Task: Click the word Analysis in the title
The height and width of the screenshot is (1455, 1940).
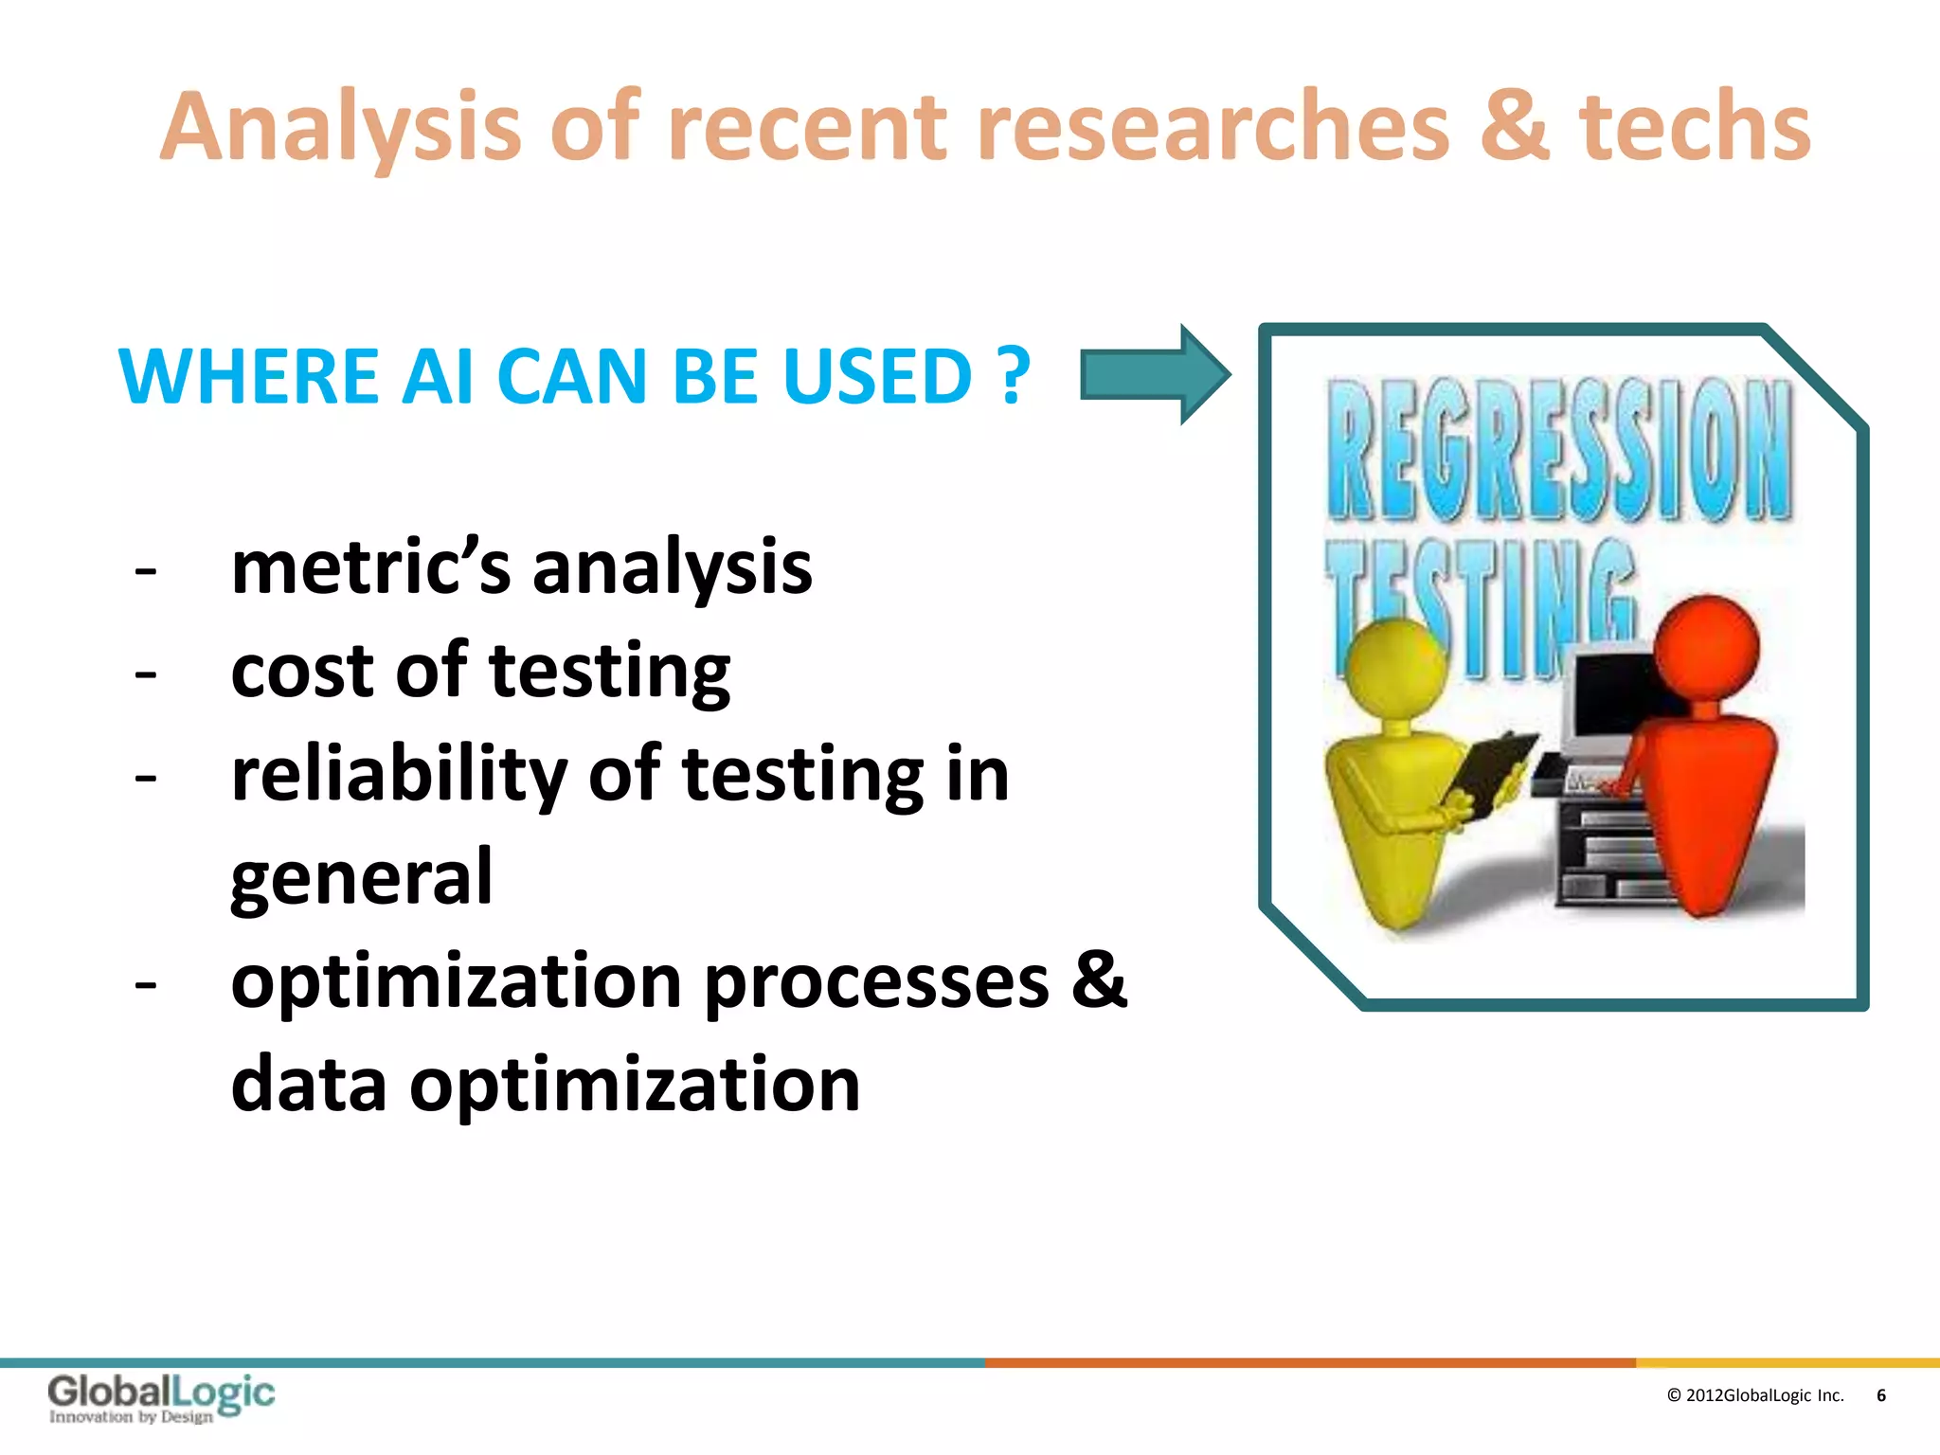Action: pos(341,128)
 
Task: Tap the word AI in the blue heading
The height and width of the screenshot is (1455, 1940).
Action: pos(437,376)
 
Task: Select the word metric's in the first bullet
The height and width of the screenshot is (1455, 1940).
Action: pos(370,567)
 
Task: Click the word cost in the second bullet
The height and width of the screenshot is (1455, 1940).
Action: pos(302,671)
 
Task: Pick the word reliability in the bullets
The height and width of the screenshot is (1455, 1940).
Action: pos(399,775)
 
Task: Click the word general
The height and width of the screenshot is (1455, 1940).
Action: pos(361,877)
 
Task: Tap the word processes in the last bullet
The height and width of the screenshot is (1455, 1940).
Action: pos(877,981)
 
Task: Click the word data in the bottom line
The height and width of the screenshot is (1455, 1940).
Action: pos(309,1085)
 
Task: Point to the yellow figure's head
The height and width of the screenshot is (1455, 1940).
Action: pos(1396,668)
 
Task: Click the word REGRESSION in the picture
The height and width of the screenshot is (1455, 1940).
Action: pos(1558,450)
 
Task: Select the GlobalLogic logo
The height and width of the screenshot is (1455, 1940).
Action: pos(161,1397)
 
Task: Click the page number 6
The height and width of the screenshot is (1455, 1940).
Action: pos(1880,1395)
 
